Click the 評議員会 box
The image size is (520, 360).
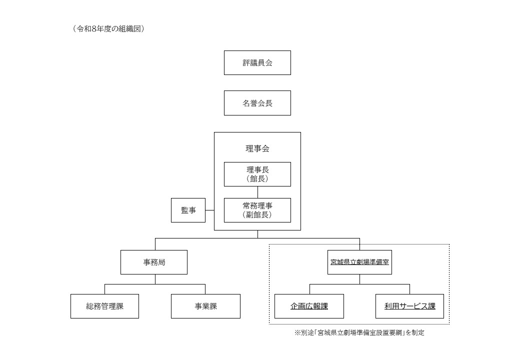[x=257, y=62]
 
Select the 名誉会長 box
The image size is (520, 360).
[x=257, y=103]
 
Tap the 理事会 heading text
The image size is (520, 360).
[x=257, y=148]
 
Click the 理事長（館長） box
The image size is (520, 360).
[x=257, y=174]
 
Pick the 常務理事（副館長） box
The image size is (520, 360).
[x=257, y=210]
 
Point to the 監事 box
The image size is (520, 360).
[x=187, y=210]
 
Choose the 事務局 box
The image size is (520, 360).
[x=153, y=262]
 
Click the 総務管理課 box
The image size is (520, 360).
[x=104, y=306]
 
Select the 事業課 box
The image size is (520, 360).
[x=205, y=306]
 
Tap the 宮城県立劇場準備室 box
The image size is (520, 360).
[x=359, y=262]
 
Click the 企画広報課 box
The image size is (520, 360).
[x=309, y=306]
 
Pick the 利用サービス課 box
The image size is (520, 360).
[x=409, y=306]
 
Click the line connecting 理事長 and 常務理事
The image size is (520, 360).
[x=257, y=192]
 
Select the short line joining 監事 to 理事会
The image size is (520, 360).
[x=209, y=210]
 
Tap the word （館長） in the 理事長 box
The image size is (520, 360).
[x=257, y=179]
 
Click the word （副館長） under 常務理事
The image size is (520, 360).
[x=257, y=215]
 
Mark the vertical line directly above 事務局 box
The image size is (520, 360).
[x=155, y=244]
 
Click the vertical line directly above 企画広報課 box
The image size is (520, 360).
[x=309, y=289]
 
